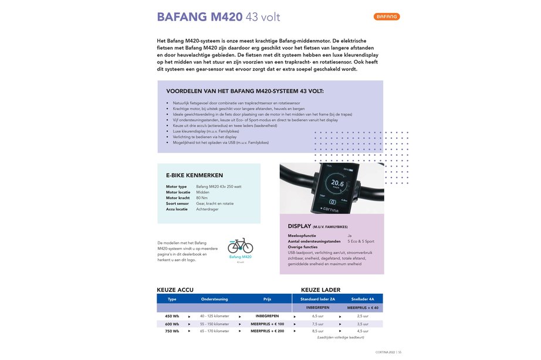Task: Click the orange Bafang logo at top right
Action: pyautogui.click(x=387, y=16)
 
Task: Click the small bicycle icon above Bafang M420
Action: pyautogui.click(x=240, y=246)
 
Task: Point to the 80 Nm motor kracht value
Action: pyautogui.click(x=202, y=198)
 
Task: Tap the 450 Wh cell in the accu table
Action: pyautogui.click(x=172, y=316)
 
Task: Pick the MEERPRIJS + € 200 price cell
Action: pyautogui.click(x=267, y=331)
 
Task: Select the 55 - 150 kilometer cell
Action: pyautogui.click(x=215, y=324)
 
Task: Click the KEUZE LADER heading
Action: pyautogui.click(x=322, y=290)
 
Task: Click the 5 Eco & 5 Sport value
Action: pyautogui.click(x=361, y=241)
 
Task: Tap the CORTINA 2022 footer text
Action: pyautogui.click(x=386, y=352)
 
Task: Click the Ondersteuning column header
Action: pyautogui.click(x=215, y=299)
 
